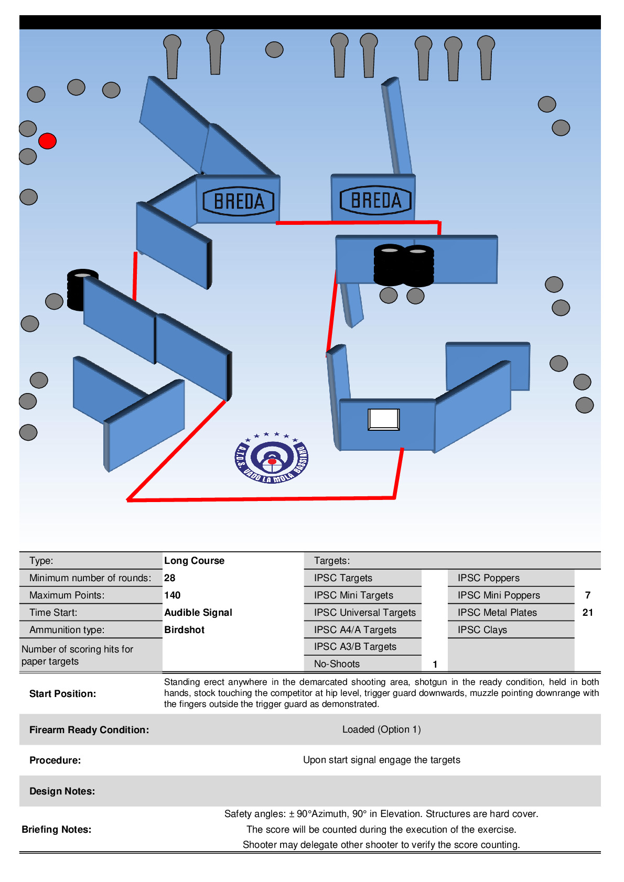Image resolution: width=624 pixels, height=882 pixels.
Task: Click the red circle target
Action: pyautogui.click(x=47, y=141)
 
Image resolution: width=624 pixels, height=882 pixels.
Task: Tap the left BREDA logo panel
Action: pyautogui.click(x=239, y=201)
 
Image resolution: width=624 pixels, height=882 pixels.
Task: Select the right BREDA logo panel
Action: pyautogui.click(x=375, y=200)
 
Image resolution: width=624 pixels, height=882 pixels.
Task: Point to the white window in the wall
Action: pyautogui.click(x=384, y=419)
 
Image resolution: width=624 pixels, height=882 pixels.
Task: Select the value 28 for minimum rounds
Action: pyautogui.click(x=170, y=578)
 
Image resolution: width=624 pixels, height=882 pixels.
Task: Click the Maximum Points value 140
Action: pyautogui.click(x=173, y=595)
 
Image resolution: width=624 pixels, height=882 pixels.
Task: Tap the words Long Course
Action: pyautogui.click(x=194, y=560)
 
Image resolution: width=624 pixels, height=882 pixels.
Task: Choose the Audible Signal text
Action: pyautogui.click(x=198, y=612)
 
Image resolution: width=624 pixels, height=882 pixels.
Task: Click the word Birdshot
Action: pyautogui.click(x=185, y=629)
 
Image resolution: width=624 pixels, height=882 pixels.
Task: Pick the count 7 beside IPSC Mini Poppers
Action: pyautogui.click(x=588, y=595)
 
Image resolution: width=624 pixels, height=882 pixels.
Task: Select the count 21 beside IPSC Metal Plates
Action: pyautogui.click(x=588, y=612)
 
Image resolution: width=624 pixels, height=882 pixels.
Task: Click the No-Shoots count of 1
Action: pyautogui.click(x=435, y=664)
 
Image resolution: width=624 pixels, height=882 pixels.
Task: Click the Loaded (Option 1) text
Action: pyautogui.click(x=381, y=729)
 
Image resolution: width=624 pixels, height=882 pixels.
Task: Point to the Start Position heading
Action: pyautogui.click(x=62, y=693)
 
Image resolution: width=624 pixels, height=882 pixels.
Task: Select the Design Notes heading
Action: pyautogui.click(x=62, y=791)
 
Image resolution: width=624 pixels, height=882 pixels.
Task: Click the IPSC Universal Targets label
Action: pyautogui.click(x=364, y=612)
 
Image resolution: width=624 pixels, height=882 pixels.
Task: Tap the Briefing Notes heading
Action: pyautogui.click(x=56, y=829)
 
